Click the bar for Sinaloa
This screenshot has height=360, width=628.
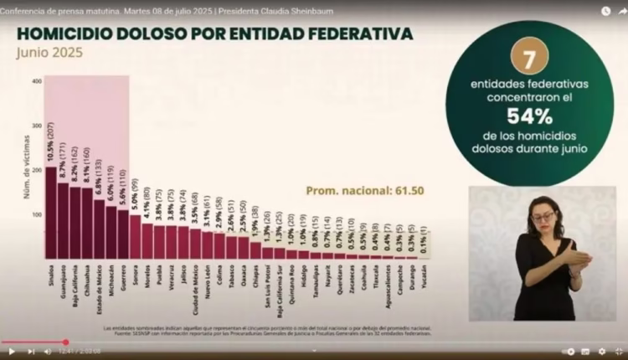(x=51, y=213)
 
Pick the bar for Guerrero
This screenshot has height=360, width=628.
(x=123, y=234)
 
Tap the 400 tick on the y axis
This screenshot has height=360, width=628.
(x=36, y=82)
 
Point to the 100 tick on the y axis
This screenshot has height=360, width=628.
(x=36, y=215)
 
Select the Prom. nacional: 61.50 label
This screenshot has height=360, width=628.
(x=365, y=190)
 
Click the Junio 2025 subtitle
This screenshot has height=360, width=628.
(x=49, y=52)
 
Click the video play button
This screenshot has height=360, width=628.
(x=12, y=352)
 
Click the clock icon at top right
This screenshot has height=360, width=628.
(x=605, y=12)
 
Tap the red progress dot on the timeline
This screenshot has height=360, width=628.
(x=65, y=342)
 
